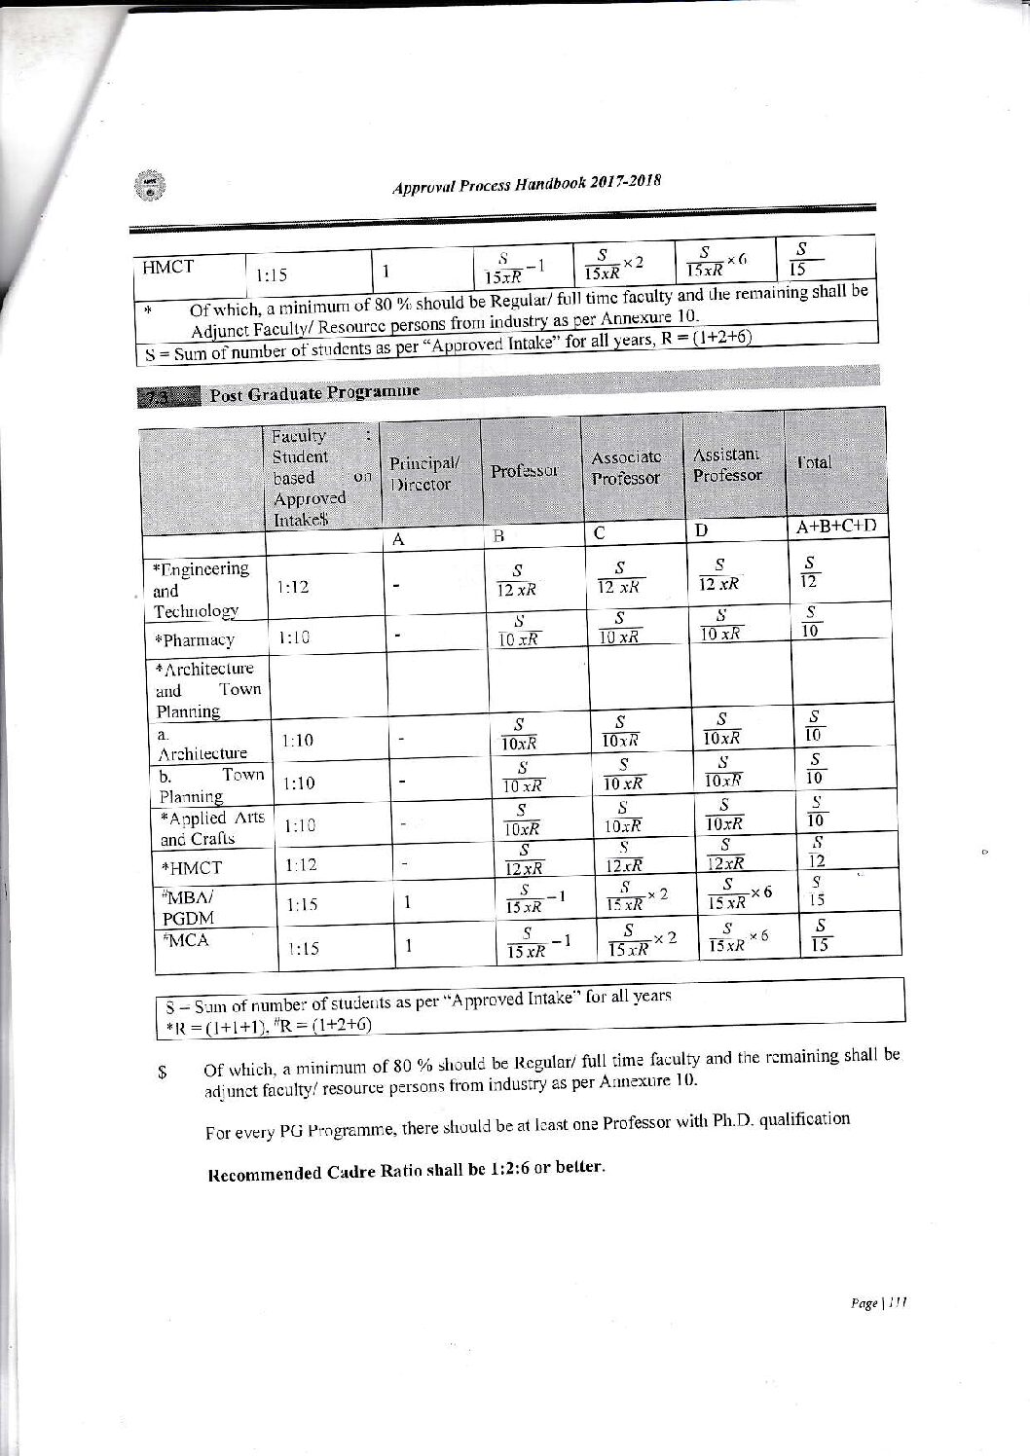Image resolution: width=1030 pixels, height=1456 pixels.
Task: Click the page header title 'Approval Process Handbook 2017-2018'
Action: (x=527, y=186)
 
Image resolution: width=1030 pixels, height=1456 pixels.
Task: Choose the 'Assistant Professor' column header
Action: (x=727, y=464)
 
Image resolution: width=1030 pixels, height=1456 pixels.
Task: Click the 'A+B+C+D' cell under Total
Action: (x=836, y=527)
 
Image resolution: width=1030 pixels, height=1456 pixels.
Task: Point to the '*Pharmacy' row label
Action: (x=194, y=639)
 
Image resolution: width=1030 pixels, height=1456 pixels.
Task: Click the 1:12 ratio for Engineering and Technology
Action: (x=294, y=587)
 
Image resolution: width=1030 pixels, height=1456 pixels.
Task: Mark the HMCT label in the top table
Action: (x=168, y=269)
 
